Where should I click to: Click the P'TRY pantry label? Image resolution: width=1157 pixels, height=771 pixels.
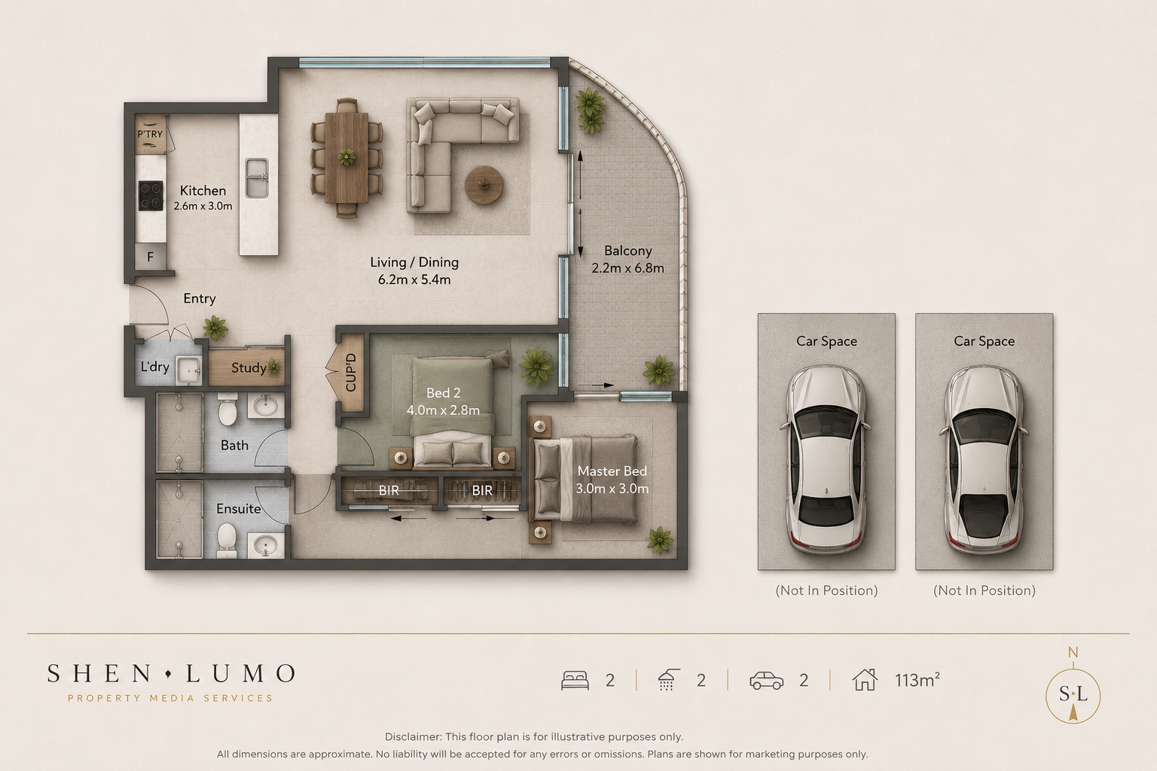[150, 134]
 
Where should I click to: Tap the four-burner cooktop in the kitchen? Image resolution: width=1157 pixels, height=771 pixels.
[151, 196]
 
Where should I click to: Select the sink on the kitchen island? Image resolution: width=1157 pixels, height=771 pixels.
[257, 178]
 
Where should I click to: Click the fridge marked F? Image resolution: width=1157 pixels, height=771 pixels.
[151, 257]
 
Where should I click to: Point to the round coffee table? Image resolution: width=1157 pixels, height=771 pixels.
[484, 185]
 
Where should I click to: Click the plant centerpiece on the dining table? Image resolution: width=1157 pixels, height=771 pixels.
[346, 157]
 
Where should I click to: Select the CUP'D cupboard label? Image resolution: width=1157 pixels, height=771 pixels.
[351, 373]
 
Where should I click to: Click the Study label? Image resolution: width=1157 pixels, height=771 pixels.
[249, 368]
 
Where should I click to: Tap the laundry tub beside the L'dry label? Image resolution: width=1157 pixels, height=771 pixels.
[188, 370]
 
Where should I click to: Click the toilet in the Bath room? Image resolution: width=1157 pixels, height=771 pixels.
[227, 409]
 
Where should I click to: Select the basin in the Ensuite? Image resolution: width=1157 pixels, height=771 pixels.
[266, 545]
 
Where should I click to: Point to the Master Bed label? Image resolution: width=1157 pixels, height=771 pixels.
[612, 471]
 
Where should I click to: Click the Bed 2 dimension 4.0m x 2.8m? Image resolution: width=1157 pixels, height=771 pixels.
[443, 410]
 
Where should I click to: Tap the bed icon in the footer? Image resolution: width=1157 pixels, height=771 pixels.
[575, 680]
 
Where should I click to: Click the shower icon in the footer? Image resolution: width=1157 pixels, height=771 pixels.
[668, 680]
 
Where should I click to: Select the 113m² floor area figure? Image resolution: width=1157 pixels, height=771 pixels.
[917, 680]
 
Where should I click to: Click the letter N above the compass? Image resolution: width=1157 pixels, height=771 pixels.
[1073, 653]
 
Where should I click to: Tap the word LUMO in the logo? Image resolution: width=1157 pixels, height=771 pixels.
[241, 673]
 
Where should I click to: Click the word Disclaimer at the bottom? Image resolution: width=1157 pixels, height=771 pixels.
[412, 737]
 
